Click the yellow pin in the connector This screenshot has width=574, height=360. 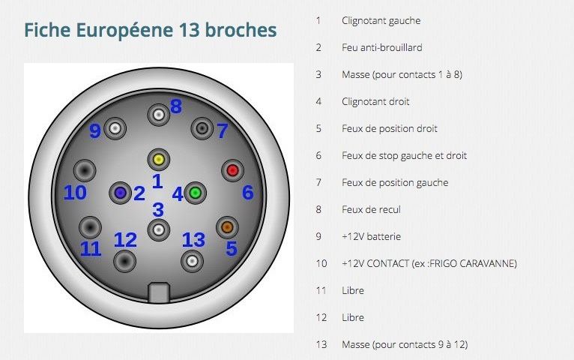click(x=159, y=160)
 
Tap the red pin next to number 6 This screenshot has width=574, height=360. click(x=232, y=170)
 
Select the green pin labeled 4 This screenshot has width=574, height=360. click(x=195, y=193)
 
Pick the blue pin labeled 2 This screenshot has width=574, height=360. click(x=120, y=193)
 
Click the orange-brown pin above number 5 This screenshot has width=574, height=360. click(x=227, y=227)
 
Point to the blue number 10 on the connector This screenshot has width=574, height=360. click(x=75, y=193)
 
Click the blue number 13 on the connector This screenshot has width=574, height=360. click(x=193, y=240)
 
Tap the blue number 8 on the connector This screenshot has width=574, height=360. click(x=176, y=106)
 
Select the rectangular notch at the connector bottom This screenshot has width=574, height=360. click(x=159, y=292)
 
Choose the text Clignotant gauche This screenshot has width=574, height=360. click(x=381, y=20)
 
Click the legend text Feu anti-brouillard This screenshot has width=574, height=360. click(x=382, y=47)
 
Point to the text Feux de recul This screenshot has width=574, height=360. click(x=371, y=209)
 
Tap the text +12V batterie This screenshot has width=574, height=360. click(x=371, y=236)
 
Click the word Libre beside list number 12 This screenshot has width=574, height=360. click(x=353, y=317)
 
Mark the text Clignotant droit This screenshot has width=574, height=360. click(x=375, y=101)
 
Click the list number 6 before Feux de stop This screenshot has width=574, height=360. click(x=319, y=156)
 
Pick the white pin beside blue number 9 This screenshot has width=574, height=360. click(x=115, y=128)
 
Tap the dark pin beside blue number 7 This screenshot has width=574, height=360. click(x=202, y=128)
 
